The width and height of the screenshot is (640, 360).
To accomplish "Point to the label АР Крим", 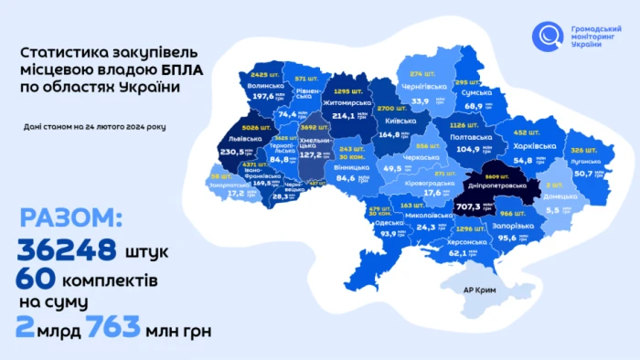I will (480, 290).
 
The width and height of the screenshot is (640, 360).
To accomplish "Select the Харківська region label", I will (534, 146).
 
